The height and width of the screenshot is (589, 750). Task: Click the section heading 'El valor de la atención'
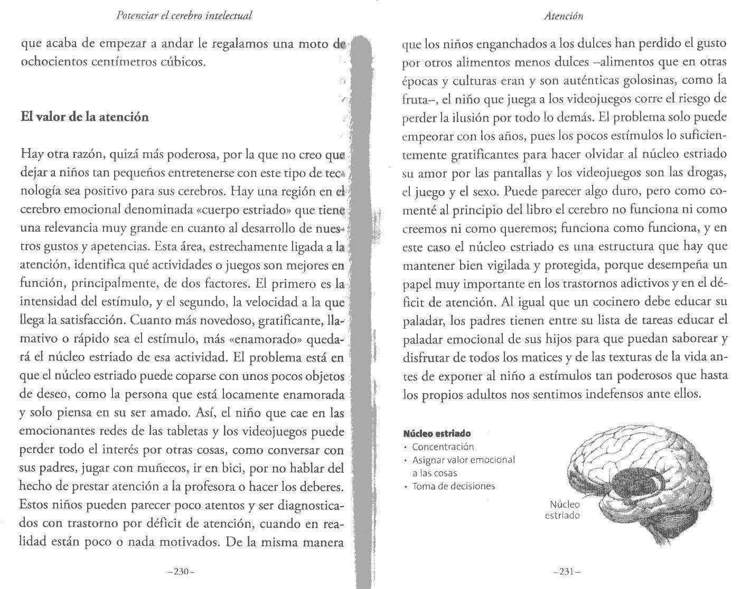[x=85, y=117]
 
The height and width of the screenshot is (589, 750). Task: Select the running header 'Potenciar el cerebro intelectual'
[x=184, y=16]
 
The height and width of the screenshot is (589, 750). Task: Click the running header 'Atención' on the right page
[x=564, y=16]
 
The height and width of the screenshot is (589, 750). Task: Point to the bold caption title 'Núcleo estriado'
[x=437, y=433]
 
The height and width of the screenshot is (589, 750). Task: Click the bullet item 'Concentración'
[x=443, y=446]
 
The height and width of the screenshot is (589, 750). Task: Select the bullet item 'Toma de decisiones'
[x=454, y=486]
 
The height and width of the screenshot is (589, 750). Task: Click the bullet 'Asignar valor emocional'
[x=463, y=460]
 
